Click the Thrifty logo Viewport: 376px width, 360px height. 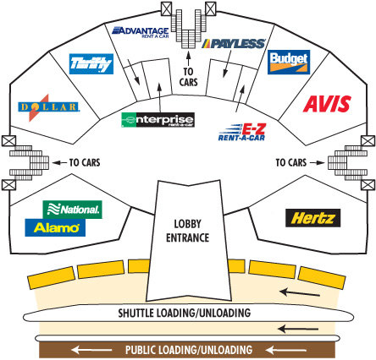91,64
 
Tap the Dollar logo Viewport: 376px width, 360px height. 48,107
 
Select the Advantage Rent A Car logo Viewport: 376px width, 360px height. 141,32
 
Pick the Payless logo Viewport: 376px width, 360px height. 234,44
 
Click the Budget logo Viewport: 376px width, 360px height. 289,63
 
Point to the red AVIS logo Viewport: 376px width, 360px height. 327,104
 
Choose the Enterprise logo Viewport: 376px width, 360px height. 158,120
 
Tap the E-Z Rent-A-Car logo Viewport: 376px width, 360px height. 242,132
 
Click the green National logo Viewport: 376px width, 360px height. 72,210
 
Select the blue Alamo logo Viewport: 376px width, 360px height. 55,227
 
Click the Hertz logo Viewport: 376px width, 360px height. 312,218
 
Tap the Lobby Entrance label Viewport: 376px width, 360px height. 187,231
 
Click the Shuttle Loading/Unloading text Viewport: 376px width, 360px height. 185,313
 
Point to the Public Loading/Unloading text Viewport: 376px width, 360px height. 189,350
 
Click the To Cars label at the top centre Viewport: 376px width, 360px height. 188,77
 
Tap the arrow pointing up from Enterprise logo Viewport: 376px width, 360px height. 159,98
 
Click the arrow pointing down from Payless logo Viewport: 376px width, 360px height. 227,63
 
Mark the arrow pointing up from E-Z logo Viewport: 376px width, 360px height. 240,99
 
